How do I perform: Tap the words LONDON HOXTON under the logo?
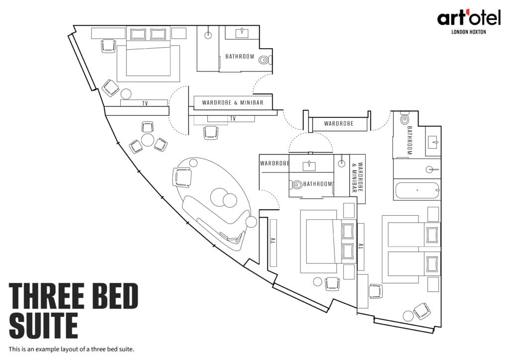point(469,32)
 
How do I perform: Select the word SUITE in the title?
point(44,325)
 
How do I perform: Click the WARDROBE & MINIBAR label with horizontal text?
point(233,102)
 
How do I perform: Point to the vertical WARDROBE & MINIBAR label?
point(357,178)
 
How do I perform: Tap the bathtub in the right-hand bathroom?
point(418,190)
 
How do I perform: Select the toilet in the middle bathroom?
point(296,184)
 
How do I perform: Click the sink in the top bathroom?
point(242,33)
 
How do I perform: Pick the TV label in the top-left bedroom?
point(145,103)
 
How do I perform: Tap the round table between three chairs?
point(148,140)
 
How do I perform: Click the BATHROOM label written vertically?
point(409,140)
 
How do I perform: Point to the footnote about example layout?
point(72,349)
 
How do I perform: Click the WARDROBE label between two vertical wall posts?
point(339,123)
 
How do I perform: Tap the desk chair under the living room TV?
point(210,133)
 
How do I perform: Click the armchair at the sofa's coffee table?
point(181,177)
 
